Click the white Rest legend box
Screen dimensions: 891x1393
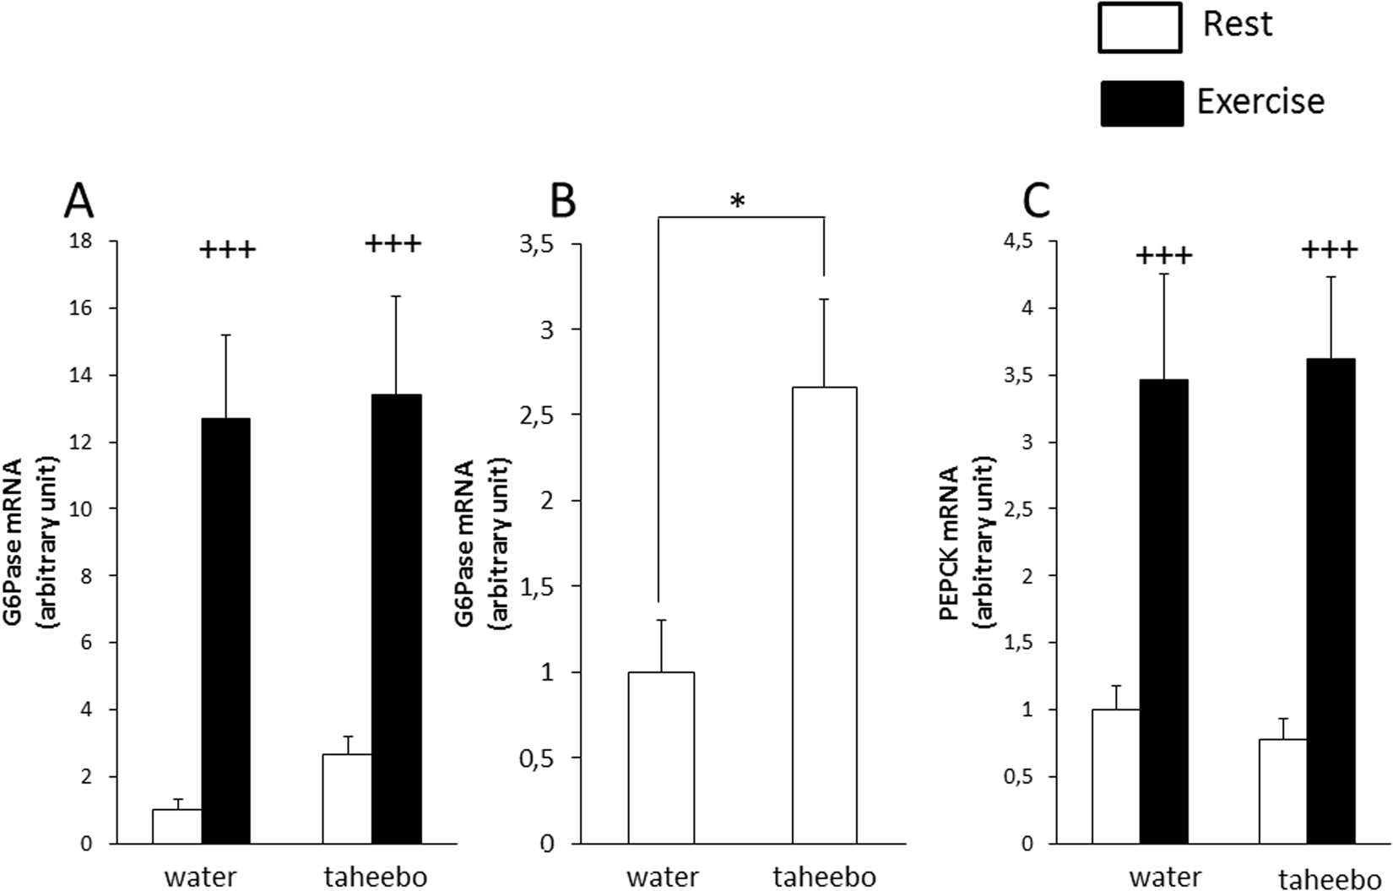tap(1140, 28)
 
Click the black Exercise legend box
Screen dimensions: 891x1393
tap(1141, 103)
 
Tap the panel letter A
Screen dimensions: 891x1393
tap(79, 204)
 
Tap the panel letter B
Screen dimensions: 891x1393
tap(562, 204)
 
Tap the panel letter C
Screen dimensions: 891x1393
tap(1036, 204)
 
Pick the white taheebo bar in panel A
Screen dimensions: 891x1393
tap(347, 798)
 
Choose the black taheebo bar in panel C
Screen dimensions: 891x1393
tap(1331, 600)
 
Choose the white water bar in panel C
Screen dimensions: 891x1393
tap(1116, 776)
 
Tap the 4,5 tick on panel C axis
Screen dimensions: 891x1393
tap(1016, 242)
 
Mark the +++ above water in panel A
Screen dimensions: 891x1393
tap(227, 249)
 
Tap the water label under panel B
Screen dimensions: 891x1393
tap(662, 877)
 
